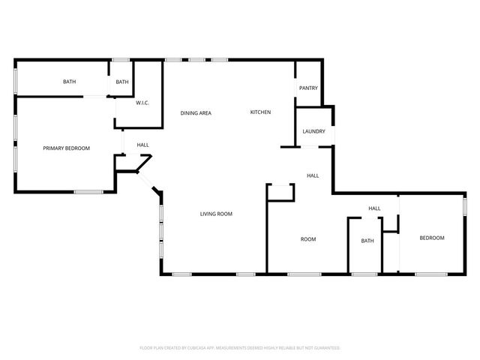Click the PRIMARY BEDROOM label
(x=66, y=148)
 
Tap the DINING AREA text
(x=196, y=113)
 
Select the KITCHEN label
(x=260, y=112)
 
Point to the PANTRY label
(x=308, y=88)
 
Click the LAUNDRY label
(x=313, y=132)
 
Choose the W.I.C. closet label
(x=144, y=103)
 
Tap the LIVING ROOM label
(x=216, y=214)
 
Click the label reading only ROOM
(x=308, y=240)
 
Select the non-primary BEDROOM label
(x=431, y=238)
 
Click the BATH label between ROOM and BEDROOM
(x=367, y=241)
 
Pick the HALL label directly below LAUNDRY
(x=313, y=175)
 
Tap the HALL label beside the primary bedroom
(x=142, y=145)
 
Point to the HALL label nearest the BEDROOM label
(x=374, y=208)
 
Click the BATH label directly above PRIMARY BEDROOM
(x=69, y=82)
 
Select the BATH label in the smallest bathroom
(x=122, y=82)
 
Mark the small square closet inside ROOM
(x=280, y=192)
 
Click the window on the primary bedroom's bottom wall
(x=88, y=193)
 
